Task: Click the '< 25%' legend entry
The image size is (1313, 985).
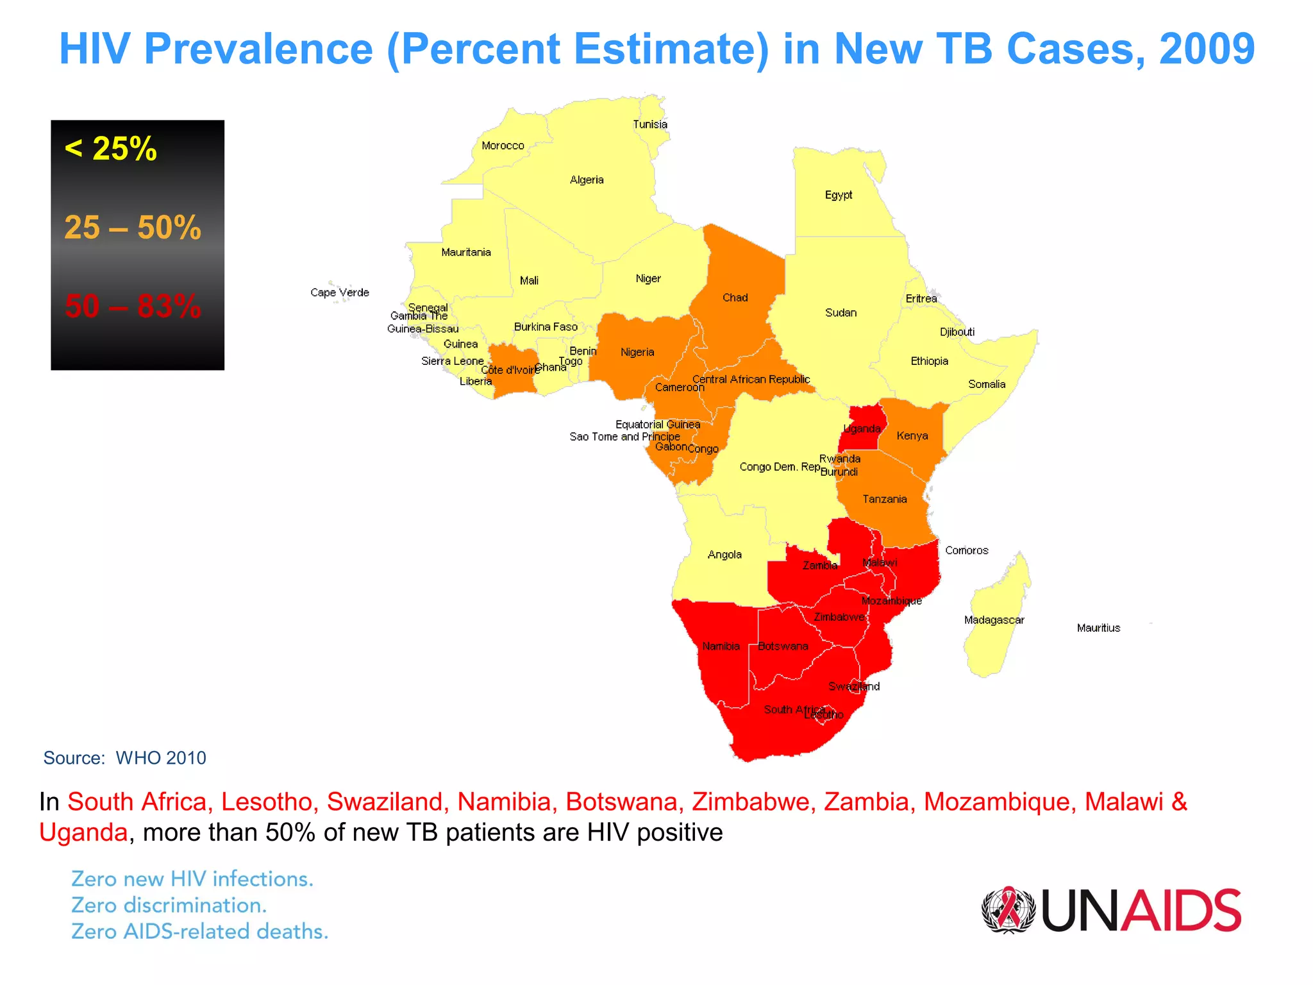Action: [x=111, y=149]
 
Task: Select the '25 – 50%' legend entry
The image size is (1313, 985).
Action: [x=133, y=228]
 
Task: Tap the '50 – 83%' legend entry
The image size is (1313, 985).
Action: [x=133, y=306]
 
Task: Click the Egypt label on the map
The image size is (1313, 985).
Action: [x=838, y=195]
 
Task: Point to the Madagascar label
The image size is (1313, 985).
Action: [x=994, y=620]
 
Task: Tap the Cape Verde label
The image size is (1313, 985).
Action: [x=340, y=292]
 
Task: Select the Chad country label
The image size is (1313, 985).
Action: [x=735, y=298]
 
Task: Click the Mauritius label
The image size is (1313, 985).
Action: [x=1098, y=628]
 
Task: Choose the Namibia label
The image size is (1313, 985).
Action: [x=721, y=646]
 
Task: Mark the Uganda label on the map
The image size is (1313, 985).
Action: [x=862, y=429]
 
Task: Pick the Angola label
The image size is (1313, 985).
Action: [x=724, y=555]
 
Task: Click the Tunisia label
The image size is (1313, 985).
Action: [x=650, y=124]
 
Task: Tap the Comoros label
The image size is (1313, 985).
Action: [x=966, y=550]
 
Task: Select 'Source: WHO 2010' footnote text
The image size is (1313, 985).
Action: [x=124, y=758]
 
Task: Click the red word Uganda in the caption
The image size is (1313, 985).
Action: [x=83, y=832]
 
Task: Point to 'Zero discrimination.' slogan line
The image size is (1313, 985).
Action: [x=169, y=905]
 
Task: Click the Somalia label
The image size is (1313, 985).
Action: [x=986, y=384]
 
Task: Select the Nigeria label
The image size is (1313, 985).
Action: [x=637, y=352]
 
